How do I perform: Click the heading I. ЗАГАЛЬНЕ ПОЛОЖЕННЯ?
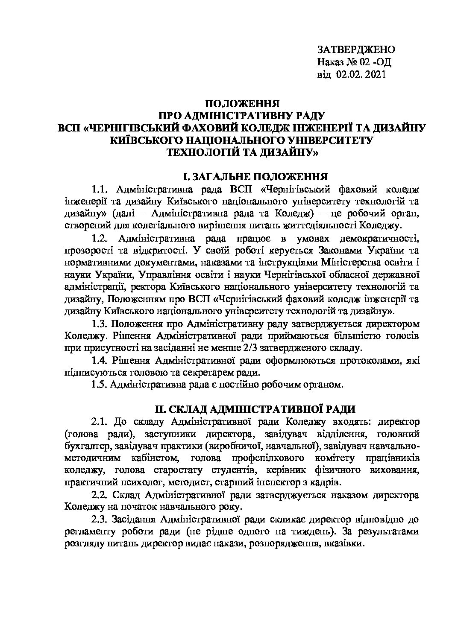click(x=255, y=177)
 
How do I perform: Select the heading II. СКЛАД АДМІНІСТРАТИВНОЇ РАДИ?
click(x=255, y=409)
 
